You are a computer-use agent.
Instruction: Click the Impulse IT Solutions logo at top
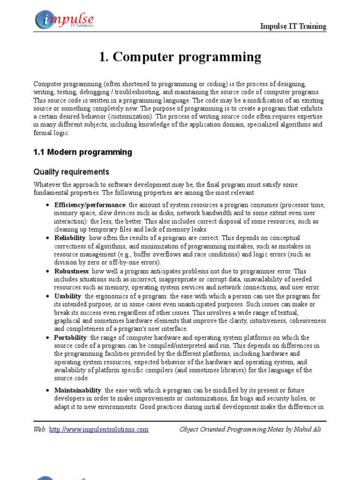coord(64,20)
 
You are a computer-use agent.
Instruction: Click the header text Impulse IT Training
coord(293,26)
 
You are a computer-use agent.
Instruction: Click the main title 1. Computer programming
coord(180,57)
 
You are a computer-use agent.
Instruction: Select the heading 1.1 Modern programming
coord(82,152)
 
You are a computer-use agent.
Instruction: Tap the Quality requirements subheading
coord(71,172)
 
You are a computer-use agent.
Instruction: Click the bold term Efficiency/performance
coord(90,205)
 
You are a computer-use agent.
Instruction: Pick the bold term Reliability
coord(69,238)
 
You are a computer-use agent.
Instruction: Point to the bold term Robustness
coord(71,271)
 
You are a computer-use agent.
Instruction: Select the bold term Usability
coord(68,296)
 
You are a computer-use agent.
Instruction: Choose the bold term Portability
coord(70,337)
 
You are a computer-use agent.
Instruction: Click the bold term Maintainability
coord(77,390)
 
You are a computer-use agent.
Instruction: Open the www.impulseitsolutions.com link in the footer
coord(99,429)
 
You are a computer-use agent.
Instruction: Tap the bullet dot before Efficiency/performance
coord(48,205)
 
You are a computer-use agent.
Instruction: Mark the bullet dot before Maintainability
coord(48,390)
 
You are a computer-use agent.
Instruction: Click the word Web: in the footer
coord(40,429)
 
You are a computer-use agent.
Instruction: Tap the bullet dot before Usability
coord(48,297)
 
